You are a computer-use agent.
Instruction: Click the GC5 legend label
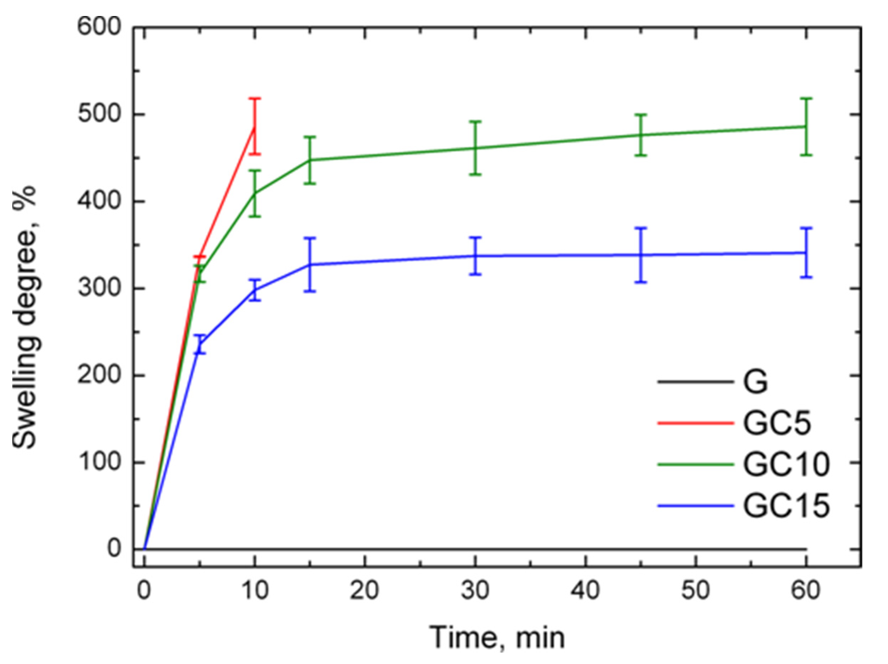pyautogui.click(x=777, y=423)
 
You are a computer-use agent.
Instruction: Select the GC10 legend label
pyautogui.click(x=786, y=465)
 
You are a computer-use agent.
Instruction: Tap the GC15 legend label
pyautogui.click(x=786, y=506)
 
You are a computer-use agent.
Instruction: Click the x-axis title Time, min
pyautogui.click(x=498, y=638)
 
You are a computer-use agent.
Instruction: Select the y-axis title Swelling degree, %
pyautogui.click(x=25, y=317)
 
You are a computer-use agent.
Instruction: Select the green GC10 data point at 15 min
pyautogui.click(x=310, y=160)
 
